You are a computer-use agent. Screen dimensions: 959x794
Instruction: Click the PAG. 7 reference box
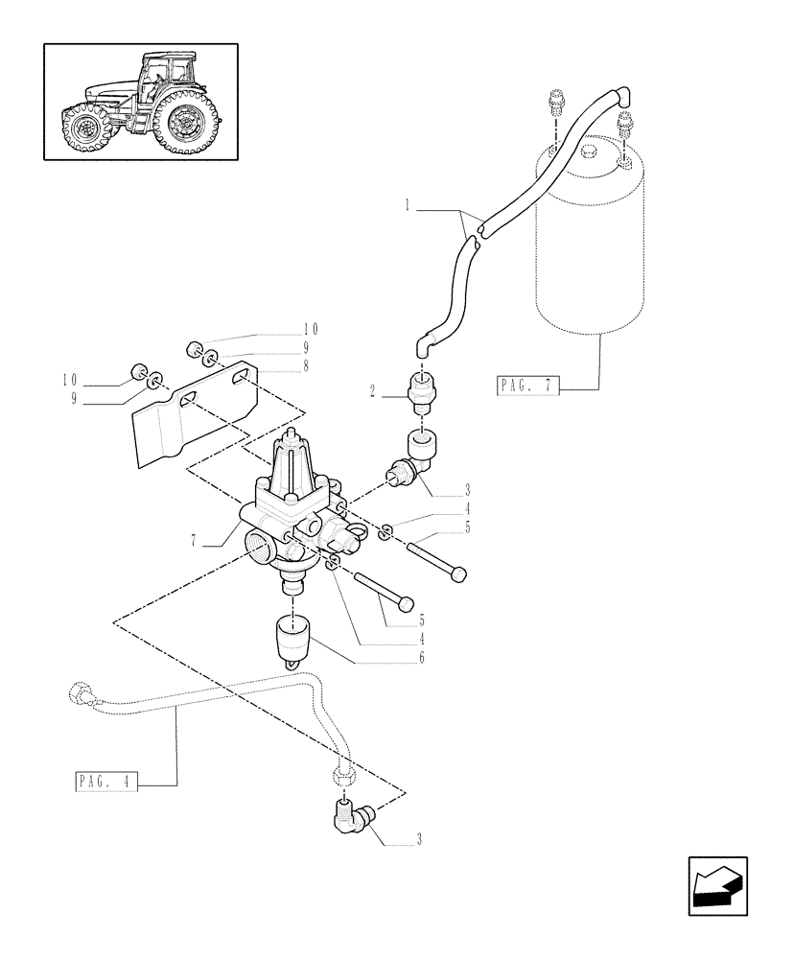[x=526, y=386]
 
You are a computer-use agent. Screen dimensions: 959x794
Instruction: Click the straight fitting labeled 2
[x=424, y=390]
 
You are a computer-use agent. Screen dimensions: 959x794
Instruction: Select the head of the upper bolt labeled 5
[x=458, y=573]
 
